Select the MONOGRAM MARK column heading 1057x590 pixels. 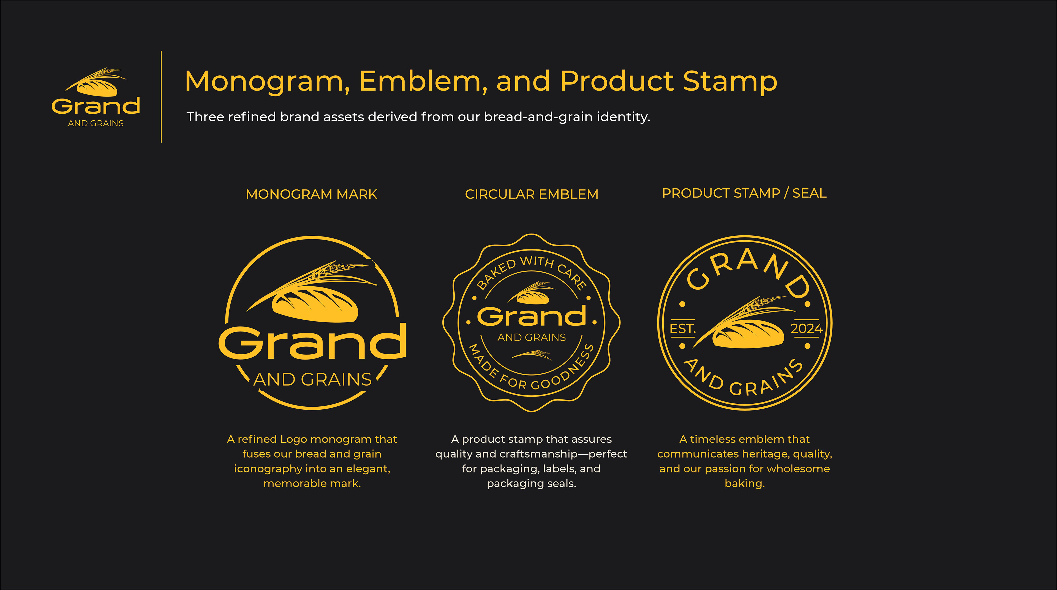pyautogui.click(x=311, y=194)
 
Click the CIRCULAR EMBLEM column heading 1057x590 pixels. pyautogui.click(x=531, y=194)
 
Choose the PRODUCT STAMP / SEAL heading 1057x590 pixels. pyautogui.click(x=744, y=193)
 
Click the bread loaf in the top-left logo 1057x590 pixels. pyautogui.click(x=97, y=88)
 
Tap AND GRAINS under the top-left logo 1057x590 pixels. pyautogui.click(x=96, y=123)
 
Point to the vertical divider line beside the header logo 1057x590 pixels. pyautogui.click(x=161, y=97)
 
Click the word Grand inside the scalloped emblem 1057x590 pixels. pyautogui.click(x=532, y=316)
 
